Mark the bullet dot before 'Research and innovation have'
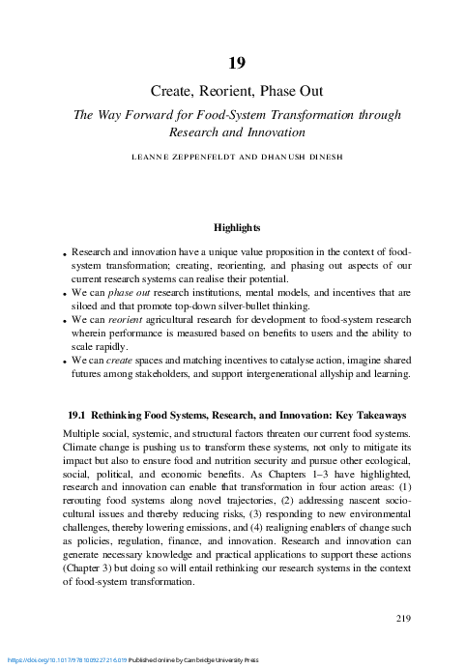coord(65,250)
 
